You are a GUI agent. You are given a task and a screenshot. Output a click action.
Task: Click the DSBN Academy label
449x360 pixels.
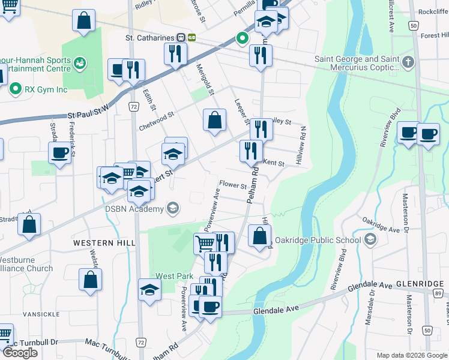134,209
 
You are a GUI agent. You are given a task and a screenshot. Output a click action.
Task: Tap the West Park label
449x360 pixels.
174,277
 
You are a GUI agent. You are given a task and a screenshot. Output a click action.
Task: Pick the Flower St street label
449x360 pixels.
232,185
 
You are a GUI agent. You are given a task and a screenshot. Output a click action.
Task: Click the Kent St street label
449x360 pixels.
273,163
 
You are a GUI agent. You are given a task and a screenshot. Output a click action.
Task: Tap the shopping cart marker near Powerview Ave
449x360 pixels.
205,244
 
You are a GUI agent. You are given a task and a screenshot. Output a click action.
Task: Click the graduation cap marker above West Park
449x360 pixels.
149,290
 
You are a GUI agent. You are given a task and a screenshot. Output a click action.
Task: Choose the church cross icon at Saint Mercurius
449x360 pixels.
408,62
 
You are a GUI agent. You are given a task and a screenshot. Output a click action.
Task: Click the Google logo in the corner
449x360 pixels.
20,353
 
